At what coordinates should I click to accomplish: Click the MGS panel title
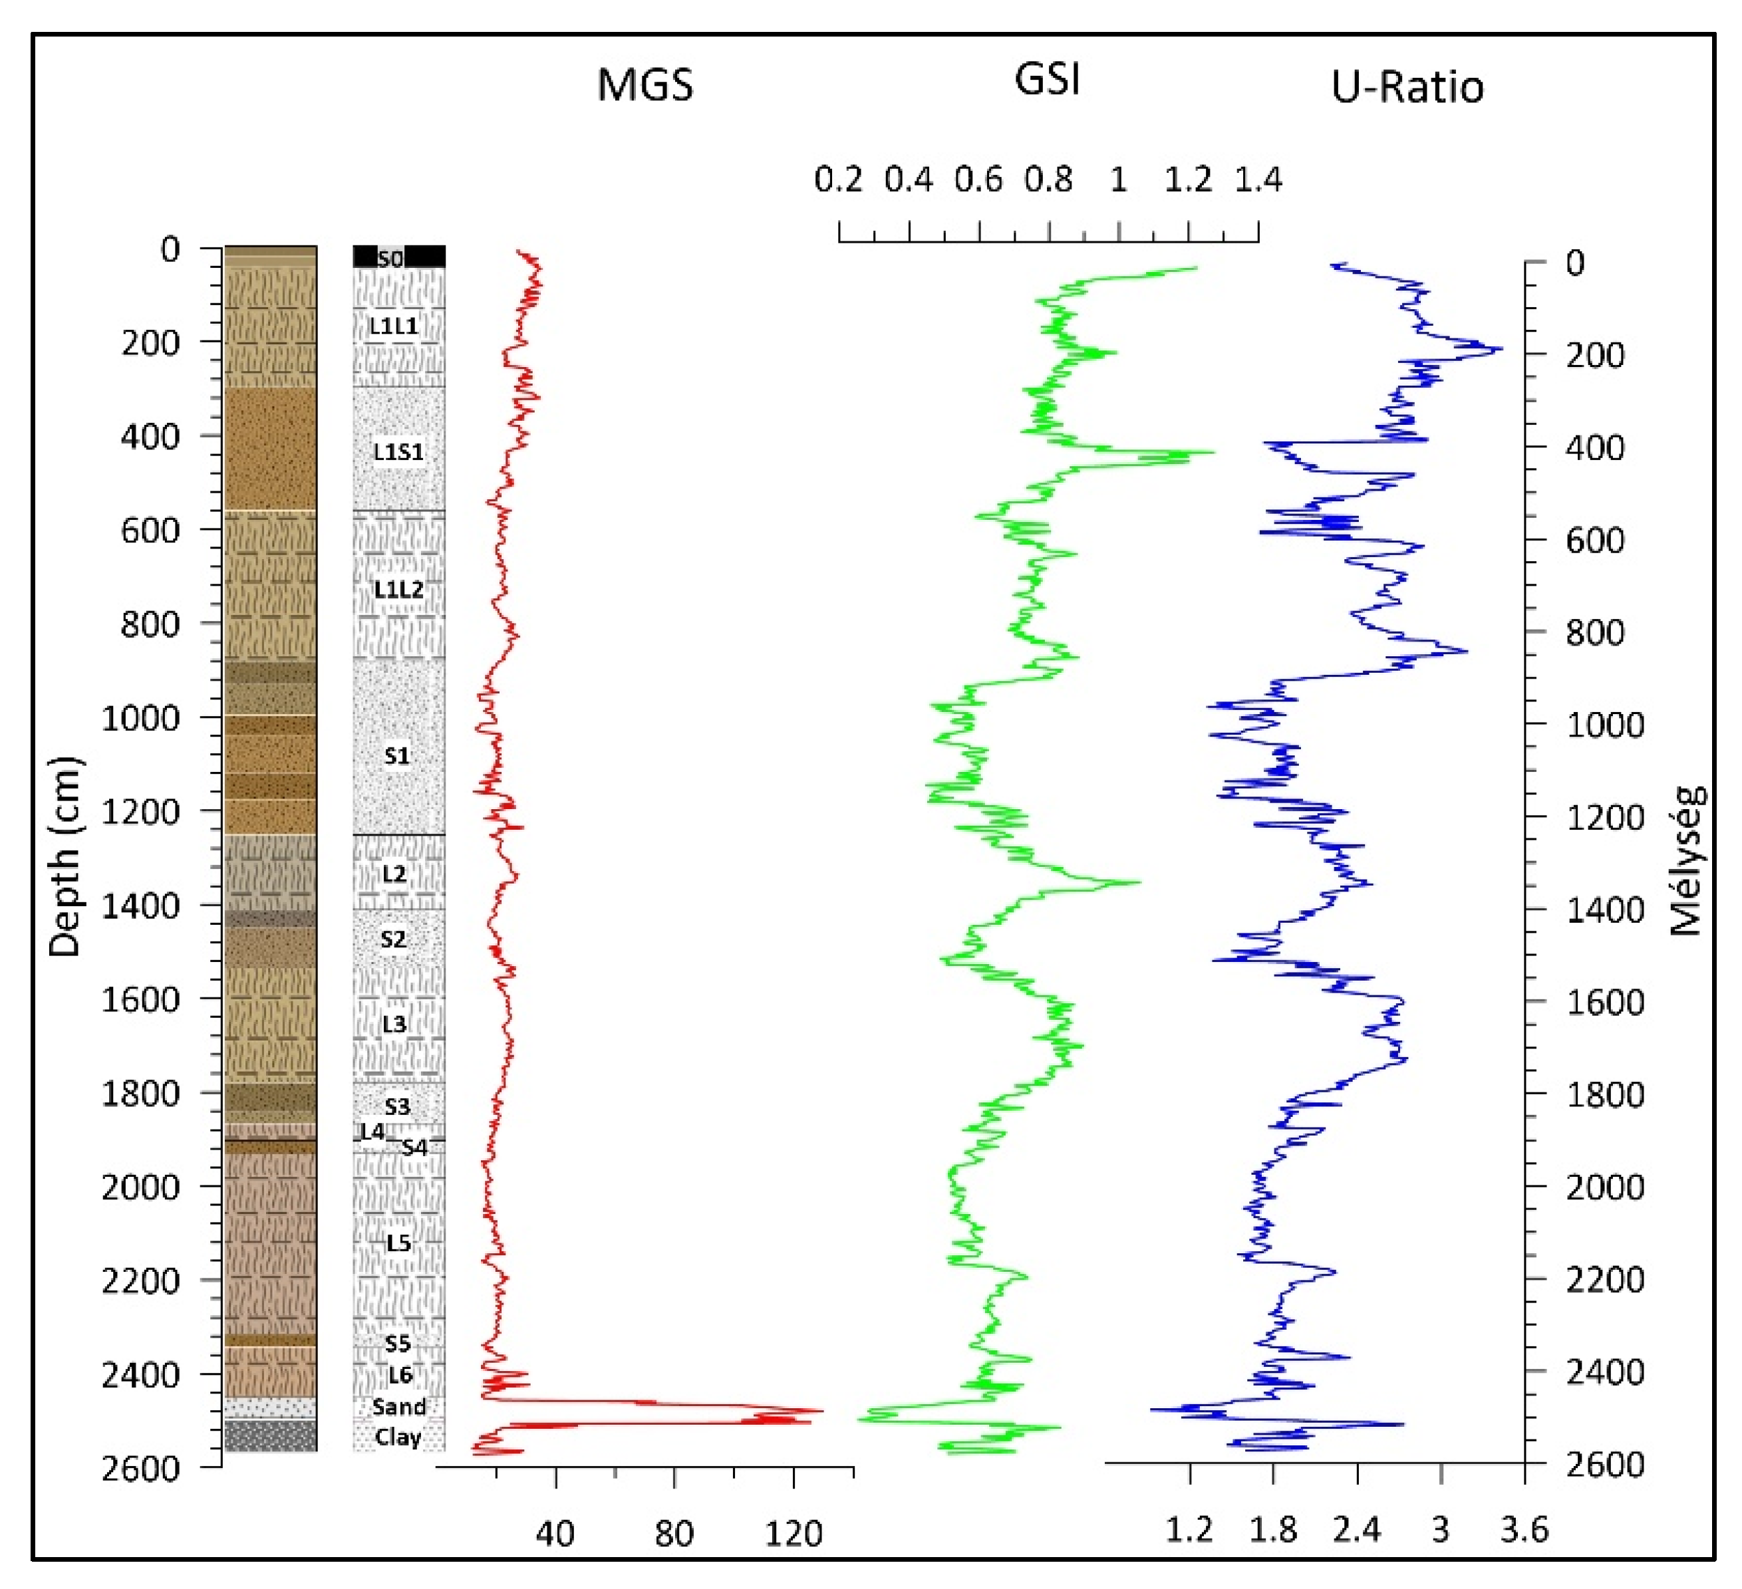click(645, 86)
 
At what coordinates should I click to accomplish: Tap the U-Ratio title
click(1407, 87)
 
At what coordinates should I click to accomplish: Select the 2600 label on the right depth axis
click(1604, 1465)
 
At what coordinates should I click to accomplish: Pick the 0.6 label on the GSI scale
click(978, 180)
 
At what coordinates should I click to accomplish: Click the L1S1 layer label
click(398, 451)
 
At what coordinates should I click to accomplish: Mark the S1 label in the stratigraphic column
click(396, 756)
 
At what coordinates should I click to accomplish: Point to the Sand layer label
click(398, 1407)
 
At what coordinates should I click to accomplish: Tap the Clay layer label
click(398, 1438)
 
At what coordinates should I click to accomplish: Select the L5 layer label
click(398, 1243)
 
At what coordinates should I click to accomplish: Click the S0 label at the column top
click(390, 258)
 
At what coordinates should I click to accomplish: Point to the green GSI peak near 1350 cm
click(1139, 882)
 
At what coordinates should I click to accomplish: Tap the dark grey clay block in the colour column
click(271, 1436)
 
